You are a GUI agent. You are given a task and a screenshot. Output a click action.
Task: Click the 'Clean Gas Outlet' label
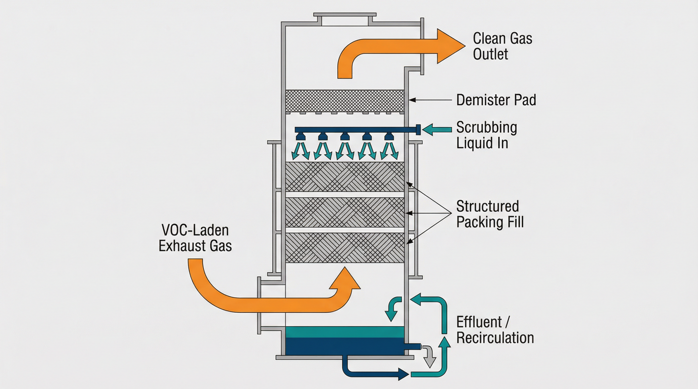click(x=502, y=46)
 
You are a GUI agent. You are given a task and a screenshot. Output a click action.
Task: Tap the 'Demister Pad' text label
click(x=496, y=100)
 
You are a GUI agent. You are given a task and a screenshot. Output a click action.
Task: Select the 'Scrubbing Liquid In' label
click(x=486, y=135)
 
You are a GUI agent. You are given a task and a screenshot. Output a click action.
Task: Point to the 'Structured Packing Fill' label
click(x=490, y=214)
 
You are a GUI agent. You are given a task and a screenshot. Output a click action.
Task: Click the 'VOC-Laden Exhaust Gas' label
click(x=195, y=238)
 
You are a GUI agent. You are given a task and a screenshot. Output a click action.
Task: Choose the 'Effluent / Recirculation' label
click(x=495, y=330)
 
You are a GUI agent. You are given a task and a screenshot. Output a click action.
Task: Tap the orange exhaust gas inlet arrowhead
click(x=345, y=279)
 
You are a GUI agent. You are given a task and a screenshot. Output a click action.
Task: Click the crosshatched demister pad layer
click(x=345, y=101)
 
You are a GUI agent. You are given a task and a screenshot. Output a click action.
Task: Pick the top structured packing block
click(x=345, y=177)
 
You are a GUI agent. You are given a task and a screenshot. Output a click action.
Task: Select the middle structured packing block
click(x=345, y=212)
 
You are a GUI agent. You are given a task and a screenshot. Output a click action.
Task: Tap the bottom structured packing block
click(x=345, y=247)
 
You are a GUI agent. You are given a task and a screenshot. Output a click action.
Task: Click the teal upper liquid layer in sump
click(x=345, y=332)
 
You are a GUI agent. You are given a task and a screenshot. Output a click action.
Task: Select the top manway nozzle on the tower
click(x=345, y=19)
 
